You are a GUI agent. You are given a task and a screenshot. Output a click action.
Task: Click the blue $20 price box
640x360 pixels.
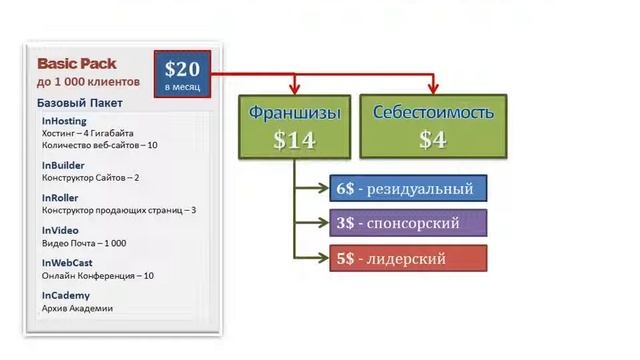pos(183,74)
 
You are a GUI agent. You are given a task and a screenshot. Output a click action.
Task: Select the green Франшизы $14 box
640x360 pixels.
pos(294,126)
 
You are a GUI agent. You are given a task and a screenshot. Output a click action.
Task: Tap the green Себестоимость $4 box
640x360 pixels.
pos(432,126)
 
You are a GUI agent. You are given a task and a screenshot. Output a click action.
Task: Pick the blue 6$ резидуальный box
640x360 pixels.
pos(407,187)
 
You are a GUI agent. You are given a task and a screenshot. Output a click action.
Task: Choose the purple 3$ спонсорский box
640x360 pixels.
pos(407,222)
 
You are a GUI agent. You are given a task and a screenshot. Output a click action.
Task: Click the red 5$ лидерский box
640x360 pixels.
pos(407,258)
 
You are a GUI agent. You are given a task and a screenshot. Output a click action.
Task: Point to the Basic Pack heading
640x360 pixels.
pos(77,63)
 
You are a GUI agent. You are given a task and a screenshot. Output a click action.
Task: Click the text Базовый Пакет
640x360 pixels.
pos(79,103)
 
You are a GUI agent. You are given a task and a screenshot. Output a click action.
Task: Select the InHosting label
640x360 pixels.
pos(65,121)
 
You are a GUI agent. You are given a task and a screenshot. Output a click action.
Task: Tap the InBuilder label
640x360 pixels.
pos(63,165)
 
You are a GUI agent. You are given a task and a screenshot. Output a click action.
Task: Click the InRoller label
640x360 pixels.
pos(61,198)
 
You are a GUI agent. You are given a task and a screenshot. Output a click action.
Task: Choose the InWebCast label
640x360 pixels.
pos(67,263)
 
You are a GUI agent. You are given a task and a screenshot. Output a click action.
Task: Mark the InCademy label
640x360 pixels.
pos(66,296)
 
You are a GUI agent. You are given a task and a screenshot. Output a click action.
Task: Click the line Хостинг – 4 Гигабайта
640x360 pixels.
pos(88,133)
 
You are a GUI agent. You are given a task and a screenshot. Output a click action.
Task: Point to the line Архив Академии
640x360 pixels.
pos(77,308)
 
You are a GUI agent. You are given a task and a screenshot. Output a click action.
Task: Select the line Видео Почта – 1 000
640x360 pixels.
pos(84,243)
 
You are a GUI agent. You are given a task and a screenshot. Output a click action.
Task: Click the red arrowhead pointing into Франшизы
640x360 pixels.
pos(295,89)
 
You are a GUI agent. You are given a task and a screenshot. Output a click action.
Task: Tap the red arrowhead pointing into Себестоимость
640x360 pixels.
pos(432,89)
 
